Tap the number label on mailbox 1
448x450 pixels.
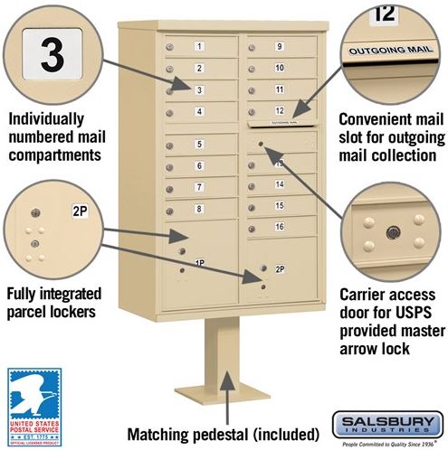click(198, 45)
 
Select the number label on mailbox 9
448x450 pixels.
click(280, 46)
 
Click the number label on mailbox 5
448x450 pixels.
click(198, 145)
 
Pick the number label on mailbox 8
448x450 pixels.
click(198, 209)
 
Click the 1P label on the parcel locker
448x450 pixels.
click(199, 263)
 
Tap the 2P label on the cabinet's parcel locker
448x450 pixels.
click(280, 268)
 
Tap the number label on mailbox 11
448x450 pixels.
click(280, 89)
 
